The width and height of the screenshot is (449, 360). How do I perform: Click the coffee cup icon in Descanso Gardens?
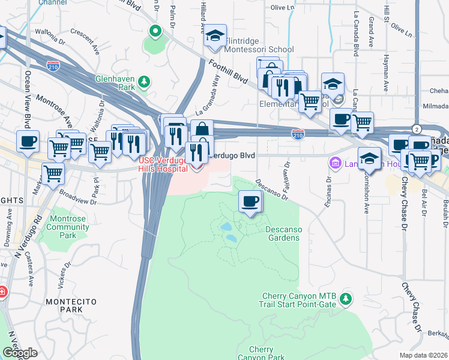[250, 202]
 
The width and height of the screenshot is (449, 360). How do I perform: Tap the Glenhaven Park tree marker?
[143, 81]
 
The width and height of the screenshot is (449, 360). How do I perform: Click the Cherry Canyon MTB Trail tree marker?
[345, 298]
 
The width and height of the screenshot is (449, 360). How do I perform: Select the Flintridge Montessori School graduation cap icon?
[214, 37]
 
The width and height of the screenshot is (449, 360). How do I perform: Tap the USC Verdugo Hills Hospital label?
[163, 165]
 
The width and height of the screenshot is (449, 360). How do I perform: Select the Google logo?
[20, 353]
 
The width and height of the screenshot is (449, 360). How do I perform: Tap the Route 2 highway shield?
[416, 129]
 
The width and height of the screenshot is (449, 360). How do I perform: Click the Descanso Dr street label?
[269, 188]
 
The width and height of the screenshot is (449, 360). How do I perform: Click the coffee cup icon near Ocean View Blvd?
[28, 142]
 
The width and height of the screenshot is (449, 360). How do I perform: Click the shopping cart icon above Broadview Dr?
[53, 173]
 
